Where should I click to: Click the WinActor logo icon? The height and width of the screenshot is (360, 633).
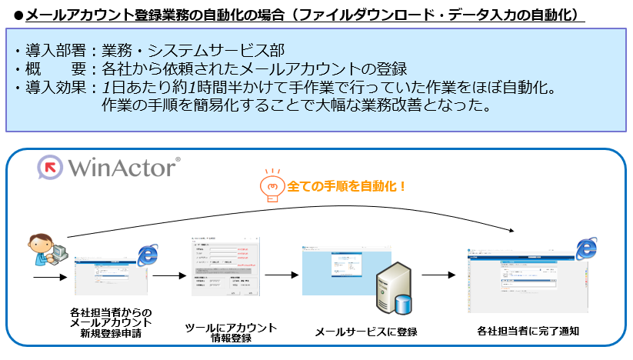point(52,167)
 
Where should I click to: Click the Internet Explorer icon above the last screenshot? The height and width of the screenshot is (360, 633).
point(587,248)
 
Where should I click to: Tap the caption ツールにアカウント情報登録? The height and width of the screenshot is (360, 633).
point(232,333)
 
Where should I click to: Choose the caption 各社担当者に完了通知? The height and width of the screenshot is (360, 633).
point(528,332)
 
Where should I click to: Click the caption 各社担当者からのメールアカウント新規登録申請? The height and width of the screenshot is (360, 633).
point(111,323)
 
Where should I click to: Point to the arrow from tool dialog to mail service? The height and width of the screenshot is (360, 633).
point(281,274)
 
